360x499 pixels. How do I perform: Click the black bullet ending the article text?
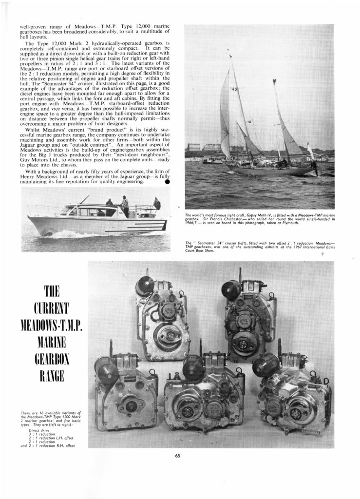click(x=167, y=183)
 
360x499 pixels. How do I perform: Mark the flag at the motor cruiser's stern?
click(x=157, y=201)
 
